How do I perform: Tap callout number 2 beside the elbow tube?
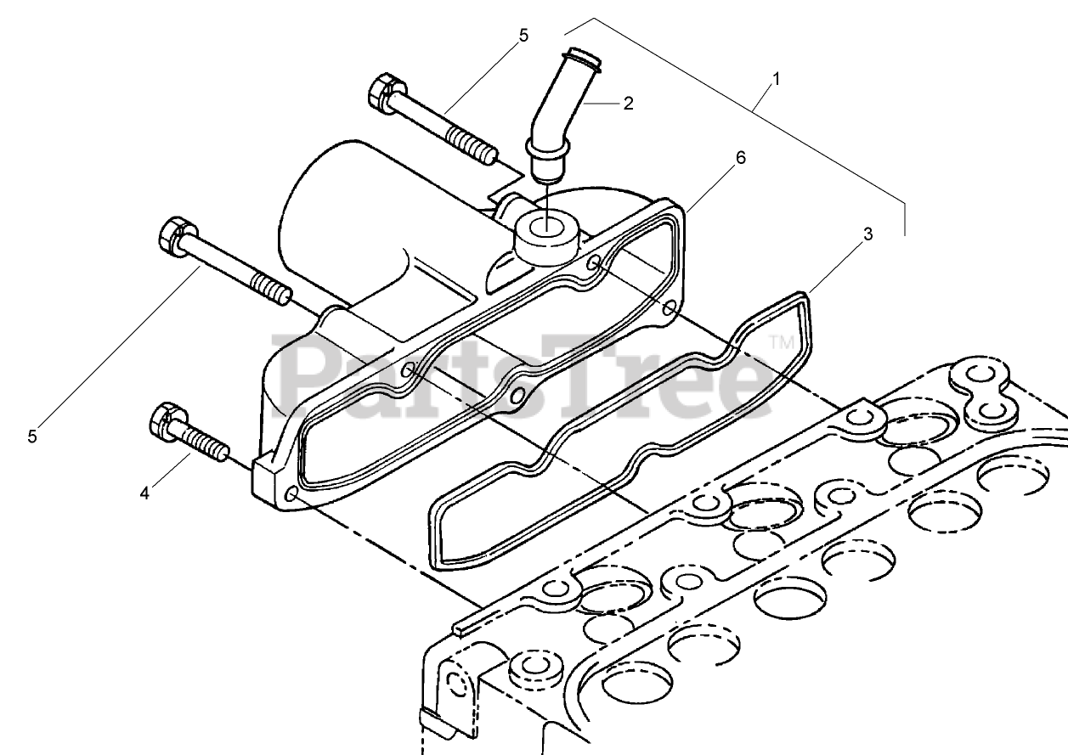(x=628, y=104)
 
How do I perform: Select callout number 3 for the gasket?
(x=867, y=235)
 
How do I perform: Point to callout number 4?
(x=144, y=493)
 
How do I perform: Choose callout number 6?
(x=740, y=158)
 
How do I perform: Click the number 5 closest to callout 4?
(x=32, y=436)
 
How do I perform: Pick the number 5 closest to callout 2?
(x=523, y=36)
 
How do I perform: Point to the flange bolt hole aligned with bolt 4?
(x=289, y=493)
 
